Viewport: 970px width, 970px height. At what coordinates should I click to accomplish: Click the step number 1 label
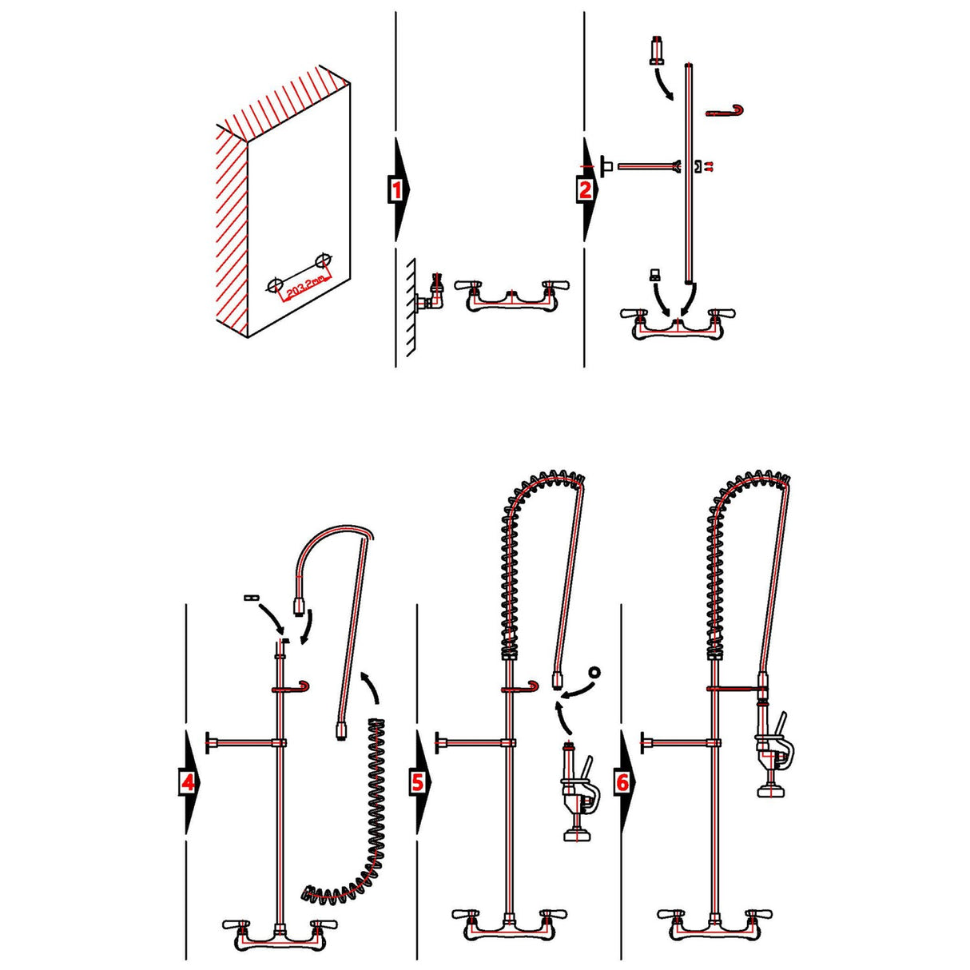point(396,190)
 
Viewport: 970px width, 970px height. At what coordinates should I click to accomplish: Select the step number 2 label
point(585,190)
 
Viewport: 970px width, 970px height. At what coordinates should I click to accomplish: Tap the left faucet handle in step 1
point(467,285)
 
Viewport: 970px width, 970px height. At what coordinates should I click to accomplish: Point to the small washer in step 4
point(249,597)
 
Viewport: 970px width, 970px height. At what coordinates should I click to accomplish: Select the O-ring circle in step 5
point(593,672)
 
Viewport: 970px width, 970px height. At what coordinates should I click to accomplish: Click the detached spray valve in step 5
point(574,791)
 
